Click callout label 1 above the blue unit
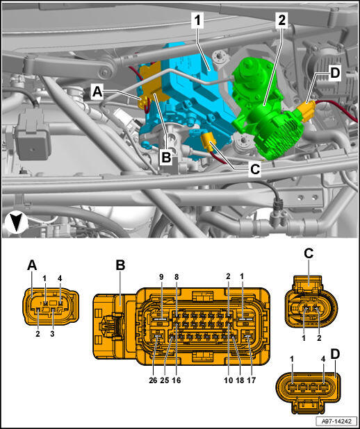click(x=197, y=22)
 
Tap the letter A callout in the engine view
click(x=97, y=92)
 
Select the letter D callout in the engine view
click(x=335, y=74)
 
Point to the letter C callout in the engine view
click(x=255, y=169)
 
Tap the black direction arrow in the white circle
click(x=17, y=223)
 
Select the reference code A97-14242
click(x=337, y=421)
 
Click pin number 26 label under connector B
click(x=153, y=380)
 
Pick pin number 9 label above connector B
click(x=161, y=277)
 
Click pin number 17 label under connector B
click(x=251, y=380)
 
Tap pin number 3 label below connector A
click(x=52, y=333)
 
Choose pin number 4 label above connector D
click(x=323, y=359)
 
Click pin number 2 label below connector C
click(x=319, y=337)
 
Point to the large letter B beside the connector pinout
click(x=120, y=265)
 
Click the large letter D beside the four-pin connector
click(x=335, y=354)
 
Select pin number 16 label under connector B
click(x=177, y=380)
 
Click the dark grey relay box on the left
click(x=33, y=137)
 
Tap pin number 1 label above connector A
click(x=44, y=278)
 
